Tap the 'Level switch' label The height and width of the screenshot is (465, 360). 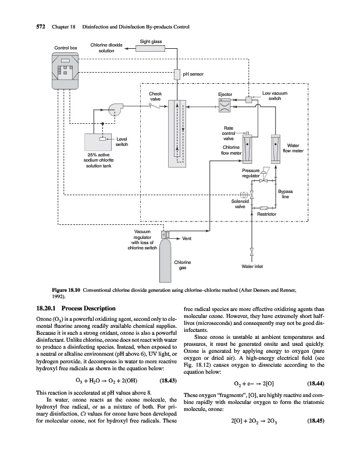click(122, 141)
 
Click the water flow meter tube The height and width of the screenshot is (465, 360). click(275, 148)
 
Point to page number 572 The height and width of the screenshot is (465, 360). click(26, 27)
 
